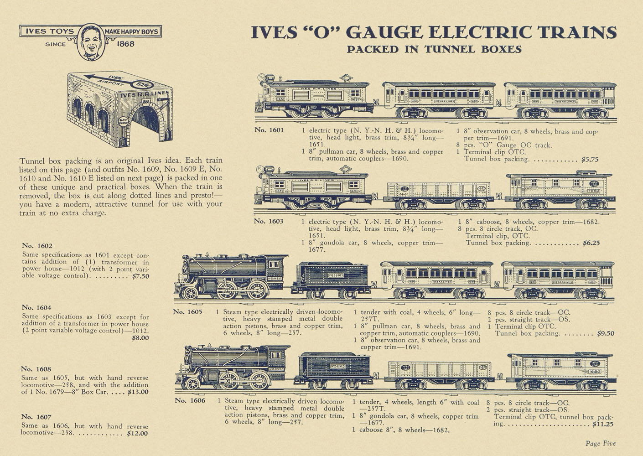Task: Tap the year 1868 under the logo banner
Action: pos(125,44)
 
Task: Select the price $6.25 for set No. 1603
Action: pos(591,243)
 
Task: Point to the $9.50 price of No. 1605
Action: pos(606,333)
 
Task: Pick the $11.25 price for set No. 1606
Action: pos(603,424)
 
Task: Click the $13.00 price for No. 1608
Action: pos(138,392)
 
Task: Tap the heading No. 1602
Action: pos(37,246)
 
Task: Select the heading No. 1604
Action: pos(36,307)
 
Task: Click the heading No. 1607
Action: pos(36,417)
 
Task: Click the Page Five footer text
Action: pos(601,443)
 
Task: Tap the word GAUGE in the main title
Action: pos(384,32)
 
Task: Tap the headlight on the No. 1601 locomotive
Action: pos(262,78)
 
